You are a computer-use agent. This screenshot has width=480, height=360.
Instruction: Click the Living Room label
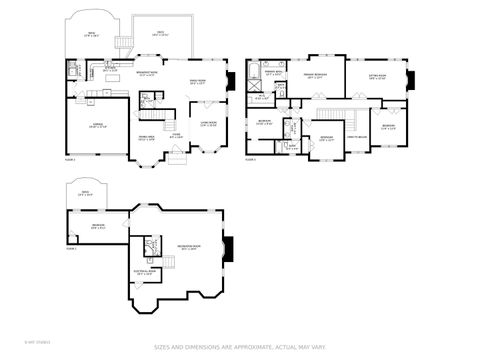208,124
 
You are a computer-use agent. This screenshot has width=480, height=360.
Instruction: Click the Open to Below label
356,137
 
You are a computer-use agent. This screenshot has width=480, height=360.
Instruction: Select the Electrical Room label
144,272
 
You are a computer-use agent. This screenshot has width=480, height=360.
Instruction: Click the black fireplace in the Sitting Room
410,79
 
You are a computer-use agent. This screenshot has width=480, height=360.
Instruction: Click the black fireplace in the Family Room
230,83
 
